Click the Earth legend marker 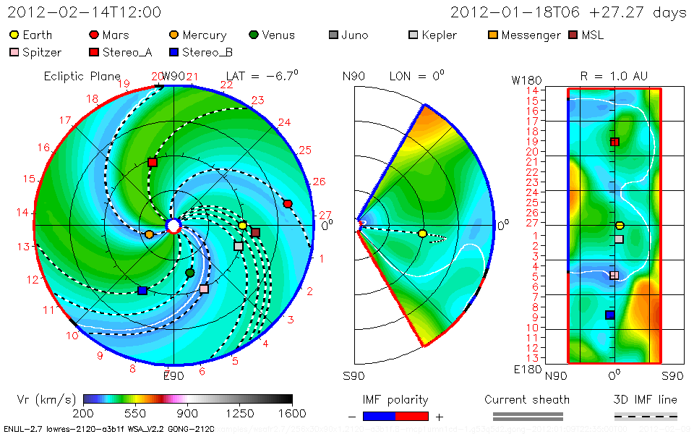[14, 35]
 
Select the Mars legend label [116, 35]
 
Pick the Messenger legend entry [531, 35]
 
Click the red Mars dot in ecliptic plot [288, 204]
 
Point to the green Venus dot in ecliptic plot [190, 273]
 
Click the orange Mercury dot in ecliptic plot [149, 234]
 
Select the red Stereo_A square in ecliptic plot [153, 163]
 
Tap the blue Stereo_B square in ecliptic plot [142, 291]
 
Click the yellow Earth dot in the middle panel [423, 234]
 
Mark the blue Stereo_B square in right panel [609, 315]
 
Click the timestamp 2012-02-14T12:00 [84, 12]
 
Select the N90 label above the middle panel [354, 76]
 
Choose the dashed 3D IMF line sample [646, 416]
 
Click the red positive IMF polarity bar [412, 416]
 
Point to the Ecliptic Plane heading [82, 76]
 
